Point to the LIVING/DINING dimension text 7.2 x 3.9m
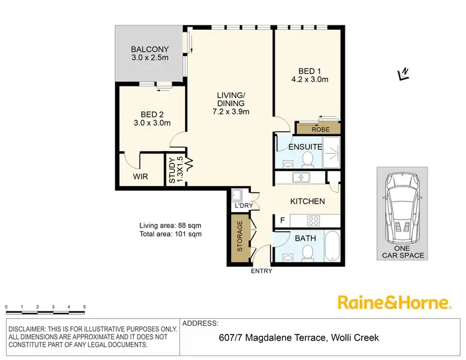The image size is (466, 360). pyautogui.click(x=231, y=112)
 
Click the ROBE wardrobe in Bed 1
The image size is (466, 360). pyautogui.click(x=319, y=129)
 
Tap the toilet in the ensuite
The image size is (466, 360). pyautogui.click(x=306, y=161)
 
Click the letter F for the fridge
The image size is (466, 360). pyautogui.click(x=282, y=220)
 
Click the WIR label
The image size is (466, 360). pyautogui.click(x=141, y=177)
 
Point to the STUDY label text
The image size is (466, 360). pyautogui.click(x=173, y=170)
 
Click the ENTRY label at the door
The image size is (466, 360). pyautogui.click(x=260, y=270)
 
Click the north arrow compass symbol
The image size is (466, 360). pyautogui.click(x=403, y=74)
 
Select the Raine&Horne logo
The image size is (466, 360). pyautogui.click(x=393, y=303)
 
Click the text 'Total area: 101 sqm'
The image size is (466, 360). pyautogui.click(x=170, y=234)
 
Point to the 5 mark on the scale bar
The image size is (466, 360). pyautogui.click(x=85, y=307)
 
